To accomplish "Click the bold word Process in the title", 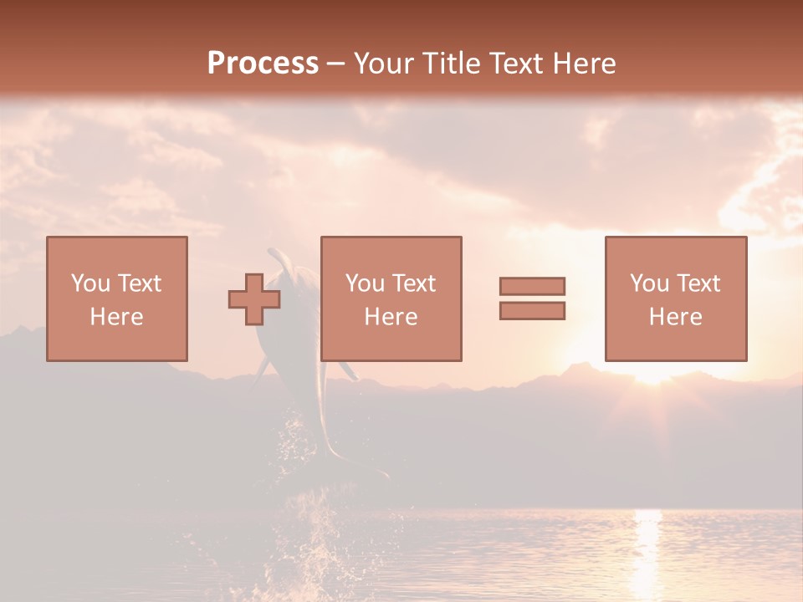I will (263, 64).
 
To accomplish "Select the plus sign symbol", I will (254, 298).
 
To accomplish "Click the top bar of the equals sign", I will (532, 286).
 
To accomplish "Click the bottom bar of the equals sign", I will (532, 311).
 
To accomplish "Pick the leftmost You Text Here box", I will (117, 298).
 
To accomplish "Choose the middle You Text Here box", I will (391, 298).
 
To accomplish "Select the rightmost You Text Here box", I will (676, 298).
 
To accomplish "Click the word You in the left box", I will (90, 283).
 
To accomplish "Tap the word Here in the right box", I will (676, 317).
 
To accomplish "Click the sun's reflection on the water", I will (648, 543).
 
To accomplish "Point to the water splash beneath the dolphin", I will (318, 527).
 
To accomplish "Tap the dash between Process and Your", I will (335, 64).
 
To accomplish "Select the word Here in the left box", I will (117, 317).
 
